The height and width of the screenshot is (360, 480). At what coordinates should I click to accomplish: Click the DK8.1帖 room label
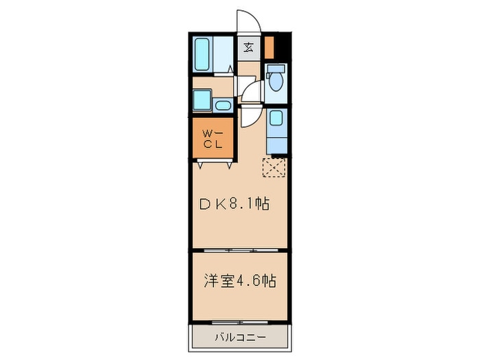[x=235, y=204]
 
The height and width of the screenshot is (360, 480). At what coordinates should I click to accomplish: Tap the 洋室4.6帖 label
[x=239, y=281]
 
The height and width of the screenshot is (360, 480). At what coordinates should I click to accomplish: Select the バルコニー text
[x=239, y=337]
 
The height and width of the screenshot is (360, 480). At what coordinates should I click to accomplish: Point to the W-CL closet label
[x=211, y=139]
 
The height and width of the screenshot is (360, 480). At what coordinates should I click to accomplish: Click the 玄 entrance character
[x=248, y=47]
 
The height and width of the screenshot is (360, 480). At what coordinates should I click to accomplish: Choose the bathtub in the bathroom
[x=202, y=54]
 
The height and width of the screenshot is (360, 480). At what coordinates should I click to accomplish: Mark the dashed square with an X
[x=274, y=167]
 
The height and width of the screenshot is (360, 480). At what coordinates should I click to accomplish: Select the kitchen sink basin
[x=276, y=118]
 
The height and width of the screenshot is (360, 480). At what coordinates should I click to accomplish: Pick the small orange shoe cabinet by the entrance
[x=269, y=47]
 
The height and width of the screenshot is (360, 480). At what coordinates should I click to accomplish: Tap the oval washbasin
[x=223, y=106]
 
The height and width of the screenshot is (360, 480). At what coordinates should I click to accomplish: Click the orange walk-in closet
[x=213, y=137]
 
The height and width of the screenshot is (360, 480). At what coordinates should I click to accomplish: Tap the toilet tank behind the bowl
[x=276, y=69]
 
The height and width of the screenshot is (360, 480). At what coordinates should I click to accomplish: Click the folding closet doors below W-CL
[x=213, y=163]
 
